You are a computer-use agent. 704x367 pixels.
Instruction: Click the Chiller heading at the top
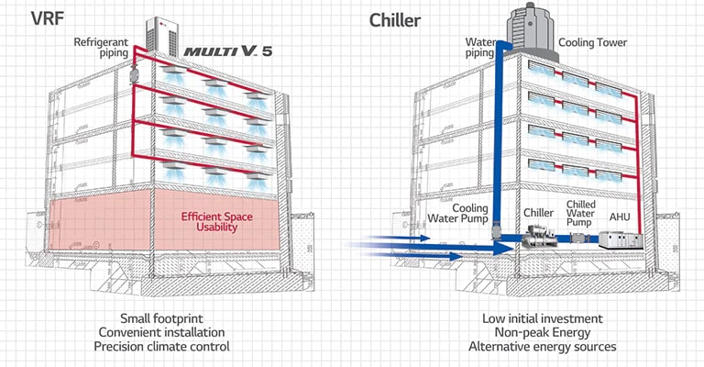[x=395, y=19]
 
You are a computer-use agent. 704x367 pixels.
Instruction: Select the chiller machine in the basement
[x=537, y=241]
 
